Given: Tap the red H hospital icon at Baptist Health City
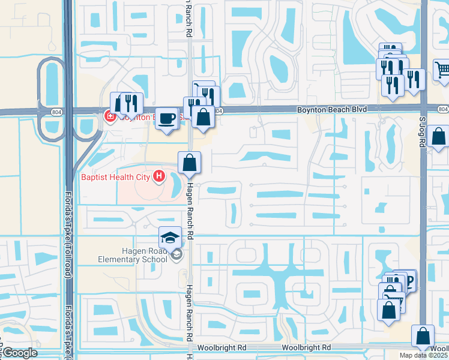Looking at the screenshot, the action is [x=158, y=176].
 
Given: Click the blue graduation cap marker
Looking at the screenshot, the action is [x=170, y=236].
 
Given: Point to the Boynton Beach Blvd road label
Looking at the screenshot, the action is [x=332, y=109].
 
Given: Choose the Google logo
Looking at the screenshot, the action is [x=19, y=353].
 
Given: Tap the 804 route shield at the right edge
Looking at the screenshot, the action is [x=443, y=109].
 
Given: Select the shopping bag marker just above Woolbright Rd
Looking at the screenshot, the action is [x=424, y=337].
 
